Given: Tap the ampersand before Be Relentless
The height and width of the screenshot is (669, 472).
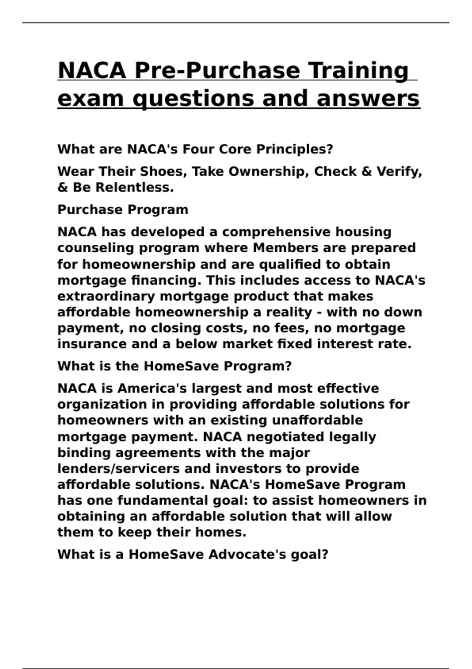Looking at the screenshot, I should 63,187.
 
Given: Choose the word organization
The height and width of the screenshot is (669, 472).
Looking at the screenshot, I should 111,405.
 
